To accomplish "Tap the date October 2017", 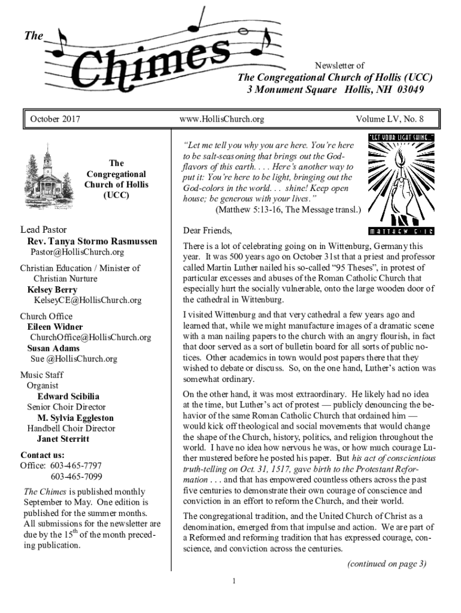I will coord(56,119).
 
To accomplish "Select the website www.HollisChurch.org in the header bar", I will coord(222,119).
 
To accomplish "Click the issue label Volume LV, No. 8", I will coord(390,119).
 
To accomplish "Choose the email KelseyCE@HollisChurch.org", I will coord(87,300).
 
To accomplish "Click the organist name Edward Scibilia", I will coord(68,396).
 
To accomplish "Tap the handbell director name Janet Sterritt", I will coord(63,439).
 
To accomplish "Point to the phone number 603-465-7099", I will coord(76,477).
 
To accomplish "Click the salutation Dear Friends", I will coord(207,230).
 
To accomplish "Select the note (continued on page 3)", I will coord(386,563).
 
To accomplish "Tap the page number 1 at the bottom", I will coord(235,580).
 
